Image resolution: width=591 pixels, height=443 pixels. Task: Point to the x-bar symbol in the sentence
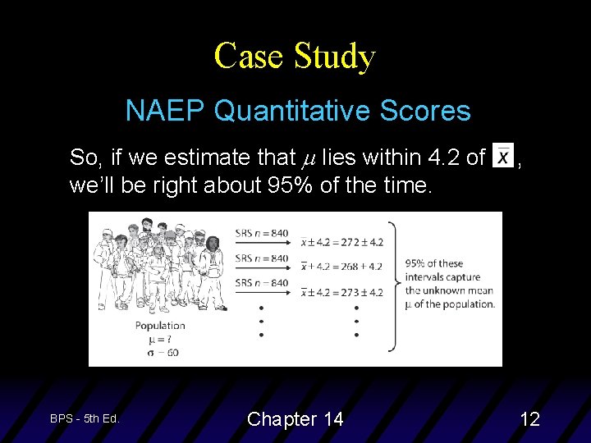(x=502, y=156)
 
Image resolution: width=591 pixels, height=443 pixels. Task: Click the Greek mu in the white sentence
(x=309, y=158)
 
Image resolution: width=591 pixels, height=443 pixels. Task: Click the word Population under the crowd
(x=160, y=326)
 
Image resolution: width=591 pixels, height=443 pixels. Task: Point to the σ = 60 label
(x=160, y=353)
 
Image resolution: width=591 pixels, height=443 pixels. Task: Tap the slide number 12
(x=530, y=419)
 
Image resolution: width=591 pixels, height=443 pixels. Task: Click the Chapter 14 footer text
(x=295, y=419)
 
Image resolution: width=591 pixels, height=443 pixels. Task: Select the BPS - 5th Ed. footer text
(x=85, y=418)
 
